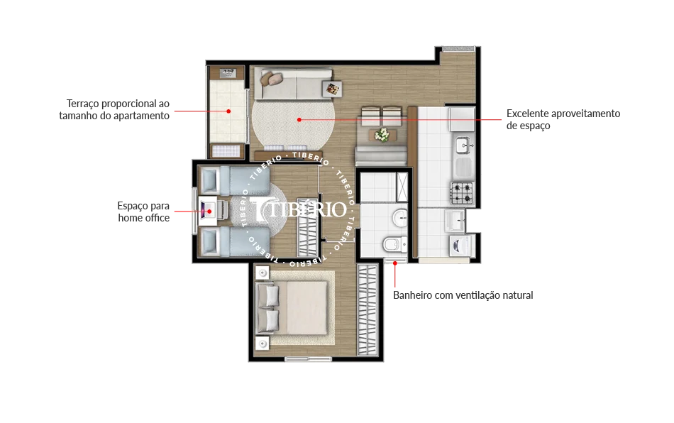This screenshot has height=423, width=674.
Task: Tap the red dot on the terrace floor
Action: [228, 111]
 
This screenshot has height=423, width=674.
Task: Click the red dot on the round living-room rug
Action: [299, 120]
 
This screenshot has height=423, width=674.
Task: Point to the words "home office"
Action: [143, 218]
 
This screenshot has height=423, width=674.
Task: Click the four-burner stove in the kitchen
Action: [462, 193]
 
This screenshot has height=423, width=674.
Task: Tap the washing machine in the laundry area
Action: [460, 246]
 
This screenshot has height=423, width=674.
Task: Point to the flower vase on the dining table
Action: [382, 135]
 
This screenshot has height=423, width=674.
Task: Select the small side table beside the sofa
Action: [332, 89]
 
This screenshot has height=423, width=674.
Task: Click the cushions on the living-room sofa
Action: [272, 78]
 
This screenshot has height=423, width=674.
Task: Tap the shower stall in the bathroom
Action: [402, 187]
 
